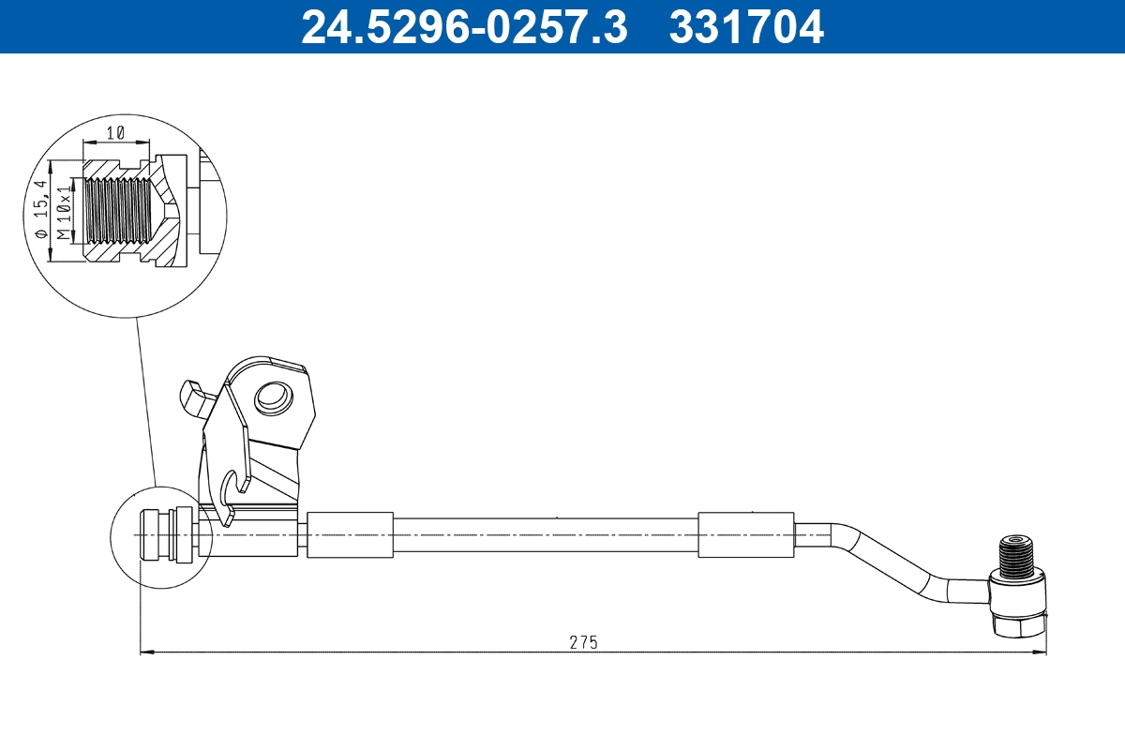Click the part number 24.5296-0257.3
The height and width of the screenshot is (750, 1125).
tap(463, 26)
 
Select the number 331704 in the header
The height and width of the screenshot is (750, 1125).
tap(746, 26)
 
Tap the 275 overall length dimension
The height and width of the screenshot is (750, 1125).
tap(583, 642)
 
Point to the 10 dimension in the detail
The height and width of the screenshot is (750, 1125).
tap(116, 133)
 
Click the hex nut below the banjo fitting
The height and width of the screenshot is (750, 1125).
tap(1017, 625)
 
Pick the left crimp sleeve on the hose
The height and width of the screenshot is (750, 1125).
tap(350, 535)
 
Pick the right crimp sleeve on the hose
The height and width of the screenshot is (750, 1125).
tap(745, 535)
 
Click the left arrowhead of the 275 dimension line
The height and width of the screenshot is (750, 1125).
tap(144, 652)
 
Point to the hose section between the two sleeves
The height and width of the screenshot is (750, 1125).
tap(544, 535)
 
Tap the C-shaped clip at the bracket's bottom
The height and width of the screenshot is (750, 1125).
tap(229, 497)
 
